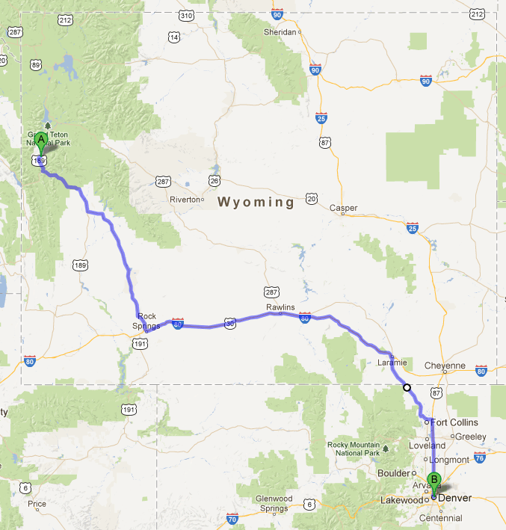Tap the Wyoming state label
256,202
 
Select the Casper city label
344,208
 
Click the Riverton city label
185,200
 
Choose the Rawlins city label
280,307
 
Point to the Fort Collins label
454,422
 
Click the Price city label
36,504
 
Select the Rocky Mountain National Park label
354,449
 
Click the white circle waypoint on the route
407,387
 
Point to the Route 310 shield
187,15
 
